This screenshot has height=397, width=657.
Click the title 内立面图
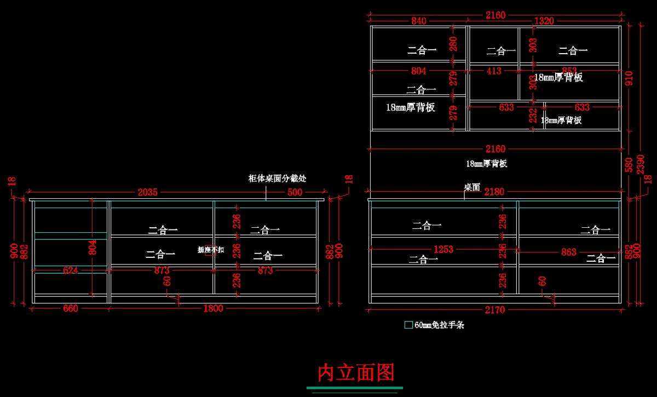[356, 373]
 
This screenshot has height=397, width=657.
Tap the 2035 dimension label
[148, 192]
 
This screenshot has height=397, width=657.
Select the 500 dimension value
[295, 192]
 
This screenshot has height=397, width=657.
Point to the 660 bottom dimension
[71, 308]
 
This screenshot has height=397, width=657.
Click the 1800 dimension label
[213, 308]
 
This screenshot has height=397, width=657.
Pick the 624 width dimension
[71, 270]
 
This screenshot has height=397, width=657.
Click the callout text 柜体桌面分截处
[277, 179]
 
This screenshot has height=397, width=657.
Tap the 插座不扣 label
[211, 250]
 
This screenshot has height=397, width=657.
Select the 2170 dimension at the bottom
[495, 310]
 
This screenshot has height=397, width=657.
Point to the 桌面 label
[472, 187]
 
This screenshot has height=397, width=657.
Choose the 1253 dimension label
[443, 249]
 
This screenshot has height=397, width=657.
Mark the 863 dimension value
[569, 252]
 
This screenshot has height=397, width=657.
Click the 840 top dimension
[419, 21]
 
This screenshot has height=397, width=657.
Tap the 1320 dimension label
[544, 21]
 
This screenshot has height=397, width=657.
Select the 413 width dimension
[494, 71]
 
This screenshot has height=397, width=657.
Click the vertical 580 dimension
[629, 164]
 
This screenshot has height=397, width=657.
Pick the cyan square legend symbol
[408, 325]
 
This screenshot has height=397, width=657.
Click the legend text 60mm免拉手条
[439, 325]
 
